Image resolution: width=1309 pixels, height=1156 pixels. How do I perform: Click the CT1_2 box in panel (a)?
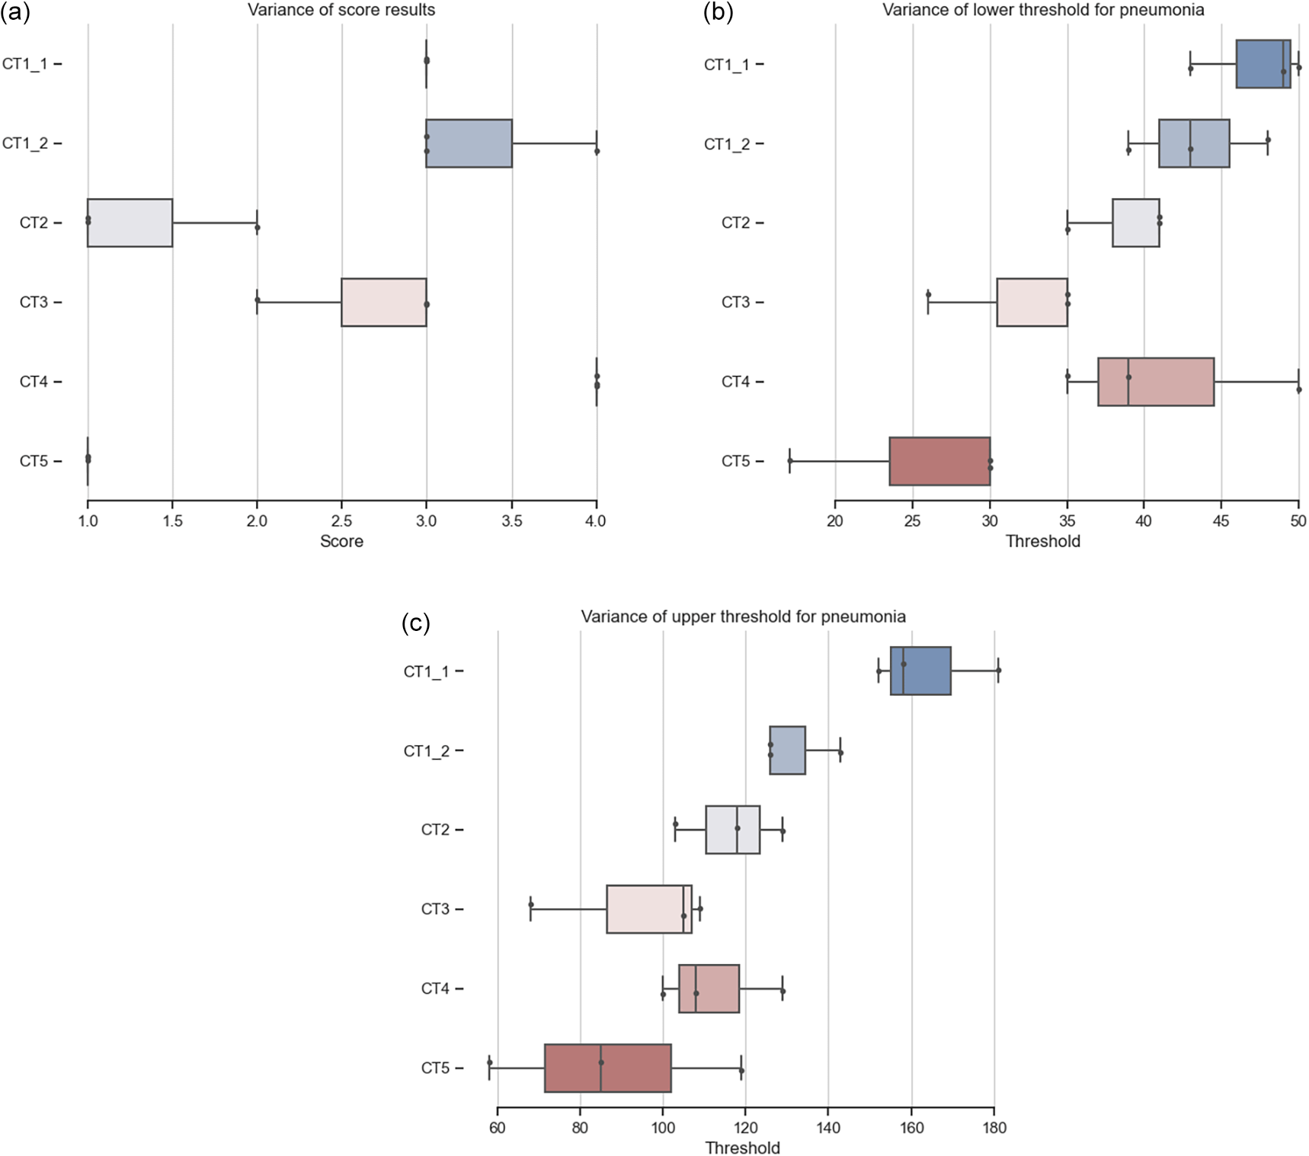(469, 143)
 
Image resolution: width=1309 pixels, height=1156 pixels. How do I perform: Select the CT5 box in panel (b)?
(939, 461)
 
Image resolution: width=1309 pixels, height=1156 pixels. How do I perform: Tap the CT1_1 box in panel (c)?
(920, 671)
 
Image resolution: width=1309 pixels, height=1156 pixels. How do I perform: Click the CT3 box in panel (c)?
(648, 909)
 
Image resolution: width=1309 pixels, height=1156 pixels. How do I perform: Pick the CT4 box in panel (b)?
(1155, 382)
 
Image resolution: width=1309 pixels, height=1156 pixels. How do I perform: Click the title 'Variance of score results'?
(341, 10)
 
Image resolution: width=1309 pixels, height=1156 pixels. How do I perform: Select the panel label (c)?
(415, 624)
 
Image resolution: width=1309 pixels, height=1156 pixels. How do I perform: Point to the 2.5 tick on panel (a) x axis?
(341, 521)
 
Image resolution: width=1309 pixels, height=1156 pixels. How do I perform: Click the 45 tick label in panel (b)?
(1221, 521)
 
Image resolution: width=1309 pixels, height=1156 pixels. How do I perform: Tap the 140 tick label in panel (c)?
(828, 1128)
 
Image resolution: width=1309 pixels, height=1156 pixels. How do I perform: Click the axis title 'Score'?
(341, 542)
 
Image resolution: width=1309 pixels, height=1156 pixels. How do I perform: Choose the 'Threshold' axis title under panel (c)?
(742, 1148)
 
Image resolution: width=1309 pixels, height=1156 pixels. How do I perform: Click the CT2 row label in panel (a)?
(34, 223)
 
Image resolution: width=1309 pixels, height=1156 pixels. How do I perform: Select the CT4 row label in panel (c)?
(435, 988)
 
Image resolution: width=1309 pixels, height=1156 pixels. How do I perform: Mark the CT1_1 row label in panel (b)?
(725, 65)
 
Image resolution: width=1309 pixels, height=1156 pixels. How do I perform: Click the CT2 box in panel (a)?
(130, 223)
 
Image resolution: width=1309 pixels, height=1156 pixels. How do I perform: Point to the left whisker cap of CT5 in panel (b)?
(789, 461)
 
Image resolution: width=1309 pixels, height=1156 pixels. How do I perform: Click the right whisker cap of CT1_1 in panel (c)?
(998, 671)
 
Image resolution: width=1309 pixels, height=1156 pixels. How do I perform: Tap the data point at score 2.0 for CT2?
(258, 227)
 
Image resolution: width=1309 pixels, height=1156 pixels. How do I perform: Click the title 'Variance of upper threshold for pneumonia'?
(743, 616)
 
